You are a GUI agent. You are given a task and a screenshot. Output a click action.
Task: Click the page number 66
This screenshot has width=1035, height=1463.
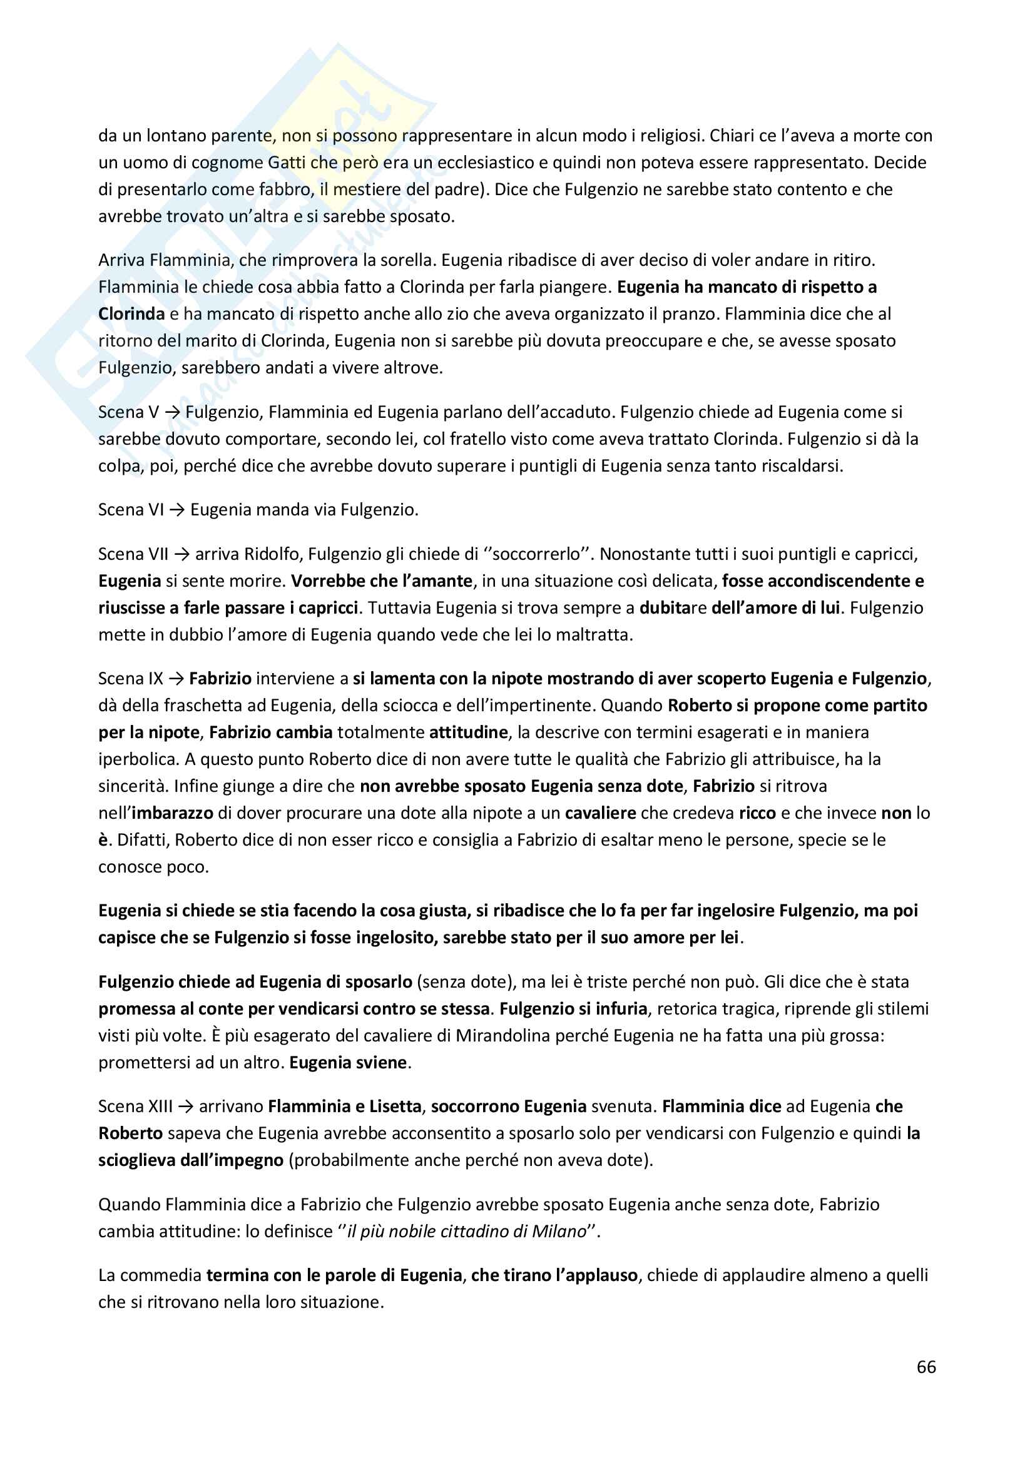pos(926,1367)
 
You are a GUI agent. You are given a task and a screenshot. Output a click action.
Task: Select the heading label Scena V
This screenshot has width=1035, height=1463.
pos(128,412)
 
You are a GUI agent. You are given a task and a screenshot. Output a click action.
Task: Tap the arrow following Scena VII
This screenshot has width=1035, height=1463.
pos(181,554)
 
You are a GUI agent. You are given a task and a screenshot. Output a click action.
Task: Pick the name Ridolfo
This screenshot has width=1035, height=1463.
pos(271,554)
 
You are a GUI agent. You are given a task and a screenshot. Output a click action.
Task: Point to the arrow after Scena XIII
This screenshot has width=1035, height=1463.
pos(186,1107)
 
